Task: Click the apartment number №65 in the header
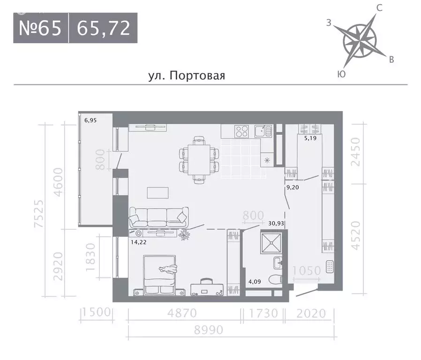pos(40,28)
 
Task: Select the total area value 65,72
pos(103,28)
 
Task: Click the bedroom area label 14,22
pos(137,242)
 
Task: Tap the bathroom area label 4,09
pos(255,282)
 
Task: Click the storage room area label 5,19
pos(310,139)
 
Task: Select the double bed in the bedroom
pos(160,273)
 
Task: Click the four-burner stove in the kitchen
pos(242,131)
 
